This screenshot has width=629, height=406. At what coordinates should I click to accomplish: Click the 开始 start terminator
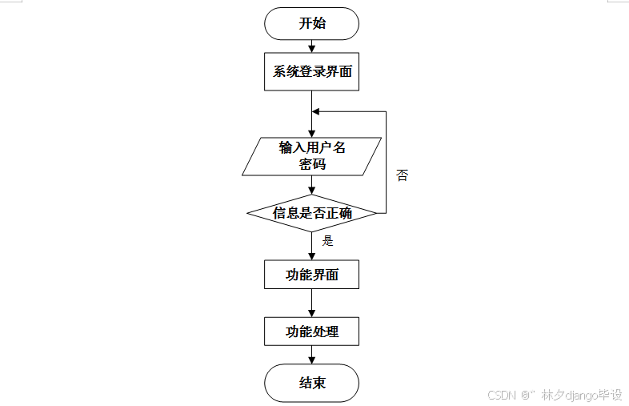311,23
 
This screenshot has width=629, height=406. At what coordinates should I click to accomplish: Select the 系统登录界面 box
311,71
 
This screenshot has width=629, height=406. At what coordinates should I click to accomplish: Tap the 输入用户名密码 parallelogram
311,156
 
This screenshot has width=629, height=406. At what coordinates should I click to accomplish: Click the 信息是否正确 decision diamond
311,213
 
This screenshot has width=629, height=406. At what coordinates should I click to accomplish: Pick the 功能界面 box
311,275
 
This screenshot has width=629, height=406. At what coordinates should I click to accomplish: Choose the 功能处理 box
311,331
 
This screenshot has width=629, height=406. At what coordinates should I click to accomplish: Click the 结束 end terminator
311,382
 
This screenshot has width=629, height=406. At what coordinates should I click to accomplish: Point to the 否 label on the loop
402,175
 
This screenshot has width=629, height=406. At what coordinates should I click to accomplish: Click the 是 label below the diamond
327,240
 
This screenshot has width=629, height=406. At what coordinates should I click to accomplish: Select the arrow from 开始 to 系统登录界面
311,46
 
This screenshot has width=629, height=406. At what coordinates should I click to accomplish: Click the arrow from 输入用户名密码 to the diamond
311,185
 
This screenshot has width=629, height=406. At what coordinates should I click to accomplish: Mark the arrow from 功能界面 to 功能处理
311,303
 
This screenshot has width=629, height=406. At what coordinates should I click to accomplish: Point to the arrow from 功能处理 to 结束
311,354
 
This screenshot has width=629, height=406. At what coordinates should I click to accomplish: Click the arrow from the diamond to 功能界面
311,246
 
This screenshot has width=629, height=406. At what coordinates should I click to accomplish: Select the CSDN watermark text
554,395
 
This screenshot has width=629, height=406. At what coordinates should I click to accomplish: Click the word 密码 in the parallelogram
312,164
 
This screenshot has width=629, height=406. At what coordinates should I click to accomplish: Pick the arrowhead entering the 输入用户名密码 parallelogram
311,133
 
